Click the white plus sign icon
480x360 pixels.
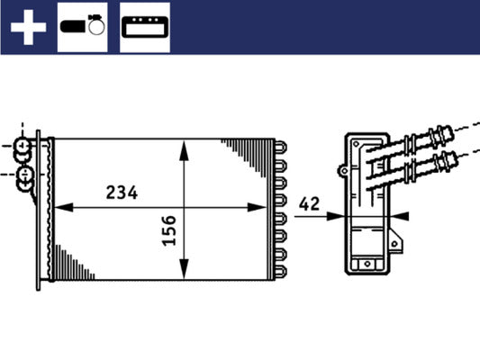click(27, 27)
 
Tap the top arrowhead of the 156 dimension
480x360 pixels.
click(184, 147)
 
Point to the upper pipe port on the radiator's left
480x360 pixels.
click(24, 145)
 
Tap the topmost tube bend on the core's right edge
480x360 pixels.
click(281, 146)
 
